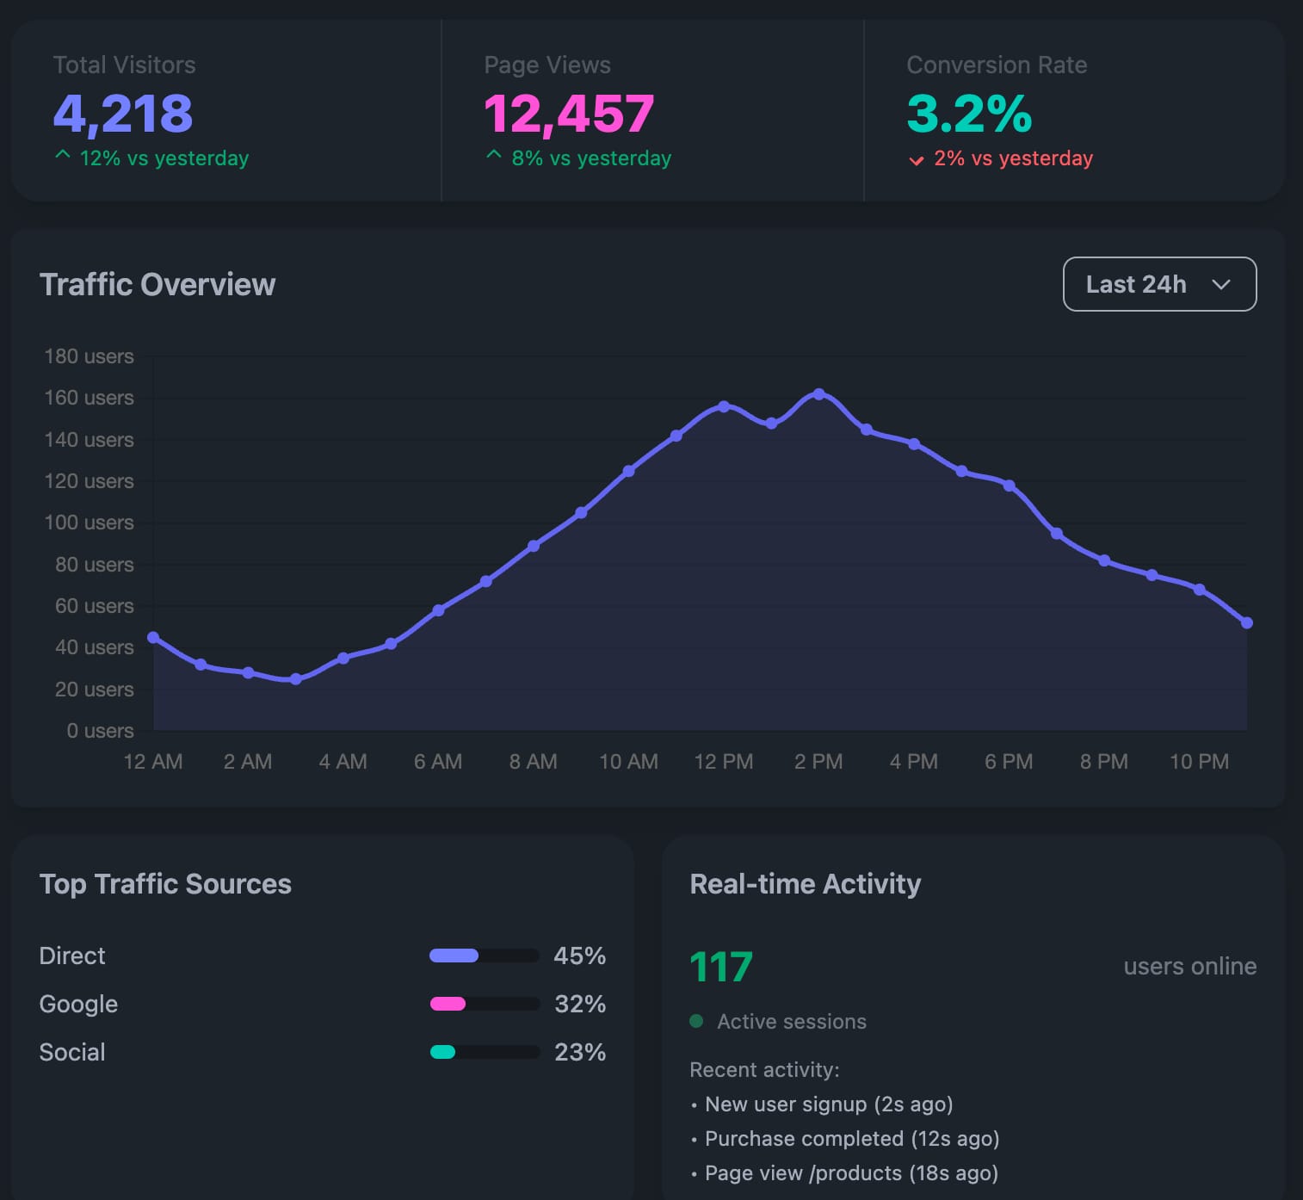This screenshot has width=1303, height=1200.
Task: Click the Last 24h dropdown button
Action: click(1159, 284)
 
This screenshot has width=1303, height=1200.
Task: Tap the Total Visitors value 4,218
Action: click(123, 114)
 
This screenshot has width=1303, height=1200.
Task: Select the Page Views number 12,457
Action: click(569, 114)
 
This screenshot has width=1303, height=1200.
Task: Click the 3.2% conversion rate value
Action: click(969, 114)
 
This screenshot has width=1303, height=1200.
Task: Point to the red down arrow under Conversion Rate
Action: click(917, 160)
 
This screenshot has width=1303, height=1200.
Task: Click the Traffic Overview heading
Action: click(157, 284)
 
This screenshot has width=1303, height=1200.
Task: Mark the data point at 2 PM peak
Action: click(818, 394)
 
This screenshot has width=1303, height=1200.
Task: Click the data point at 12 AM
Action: click(153, 638)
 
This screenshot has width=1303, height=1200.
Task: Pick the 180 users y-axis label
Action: click(89, 356)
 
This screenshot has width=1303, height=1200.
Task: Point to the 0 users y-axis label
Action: click(100, 731)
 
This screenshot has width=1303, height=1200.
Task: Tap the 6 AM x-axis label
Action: click(438, 762)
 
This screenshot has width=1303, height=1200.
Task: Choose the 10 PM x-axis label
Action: click(1199, 762)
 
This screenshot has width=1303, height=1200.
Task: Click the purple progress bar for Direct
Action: click(454, 956)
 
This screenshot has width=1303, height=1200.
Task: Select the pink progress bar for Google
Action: click(448, 1004)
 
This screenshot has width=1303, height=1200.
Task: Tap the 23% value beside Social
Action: click(580, 1052)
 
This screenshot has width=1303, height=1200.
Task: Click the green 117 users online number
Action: click(721, 967)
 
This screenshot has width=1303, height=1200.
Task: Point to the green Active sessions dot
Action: click(697, 1021)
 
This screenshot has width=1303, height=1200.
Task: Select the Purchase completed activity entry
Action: click(851, 1139)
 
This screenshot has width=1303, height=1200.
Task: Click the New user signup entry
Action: click(828, 1104)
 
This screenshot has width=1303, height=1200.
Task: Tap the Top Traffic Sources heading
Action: click(165, 884)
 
